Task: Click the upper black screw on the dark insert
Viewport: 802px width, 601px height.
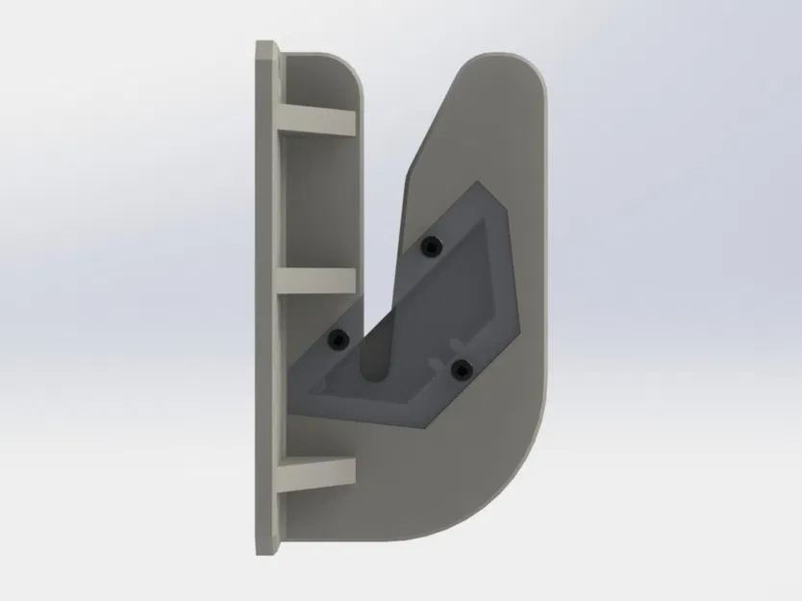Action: pyautogui.click(x=430, y=247)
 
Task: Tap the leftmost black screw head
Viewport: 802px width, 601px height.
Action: pyautogui.click(x=337, y=338)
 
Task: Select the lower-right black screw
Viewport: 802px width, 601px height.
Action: pyautogui.click(x=462, y=367)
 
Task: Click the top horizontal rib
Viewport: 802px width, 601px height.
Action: pyautogui.click(x=317, y=120)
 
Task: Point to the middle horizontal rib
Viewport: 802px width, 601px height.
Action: pyautogui.click(x=317, y=280)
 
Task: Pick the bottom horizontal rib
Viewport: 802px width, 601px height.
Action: pyautogui.click(x=317, y=471)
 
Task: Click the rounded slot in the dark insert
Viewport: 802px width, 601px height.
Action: pyautogui.click(x=374, y=362)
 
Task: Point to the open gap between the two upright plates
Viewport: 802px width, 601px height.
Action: pyautogui.click(x=381, y=192)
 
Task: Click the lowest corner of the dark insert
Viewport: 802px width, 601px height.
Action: pyautogui.click(x=423, y=423)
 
